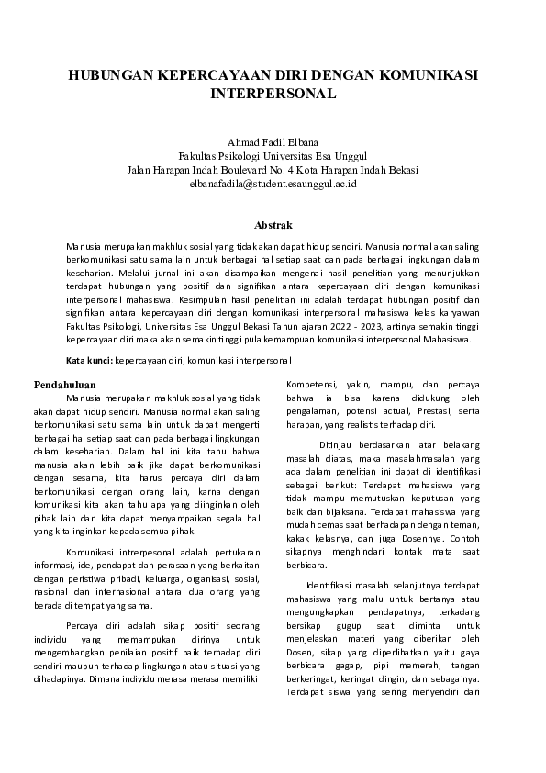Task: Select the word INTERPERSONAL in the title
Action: click(273, 94)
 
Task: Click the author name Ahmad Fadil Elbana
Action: click(273, 142)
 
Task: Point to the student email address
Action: click(273, 184)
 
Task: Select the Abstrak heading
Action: click(273, 225)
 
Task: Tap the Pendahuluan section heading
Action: click(65, 384)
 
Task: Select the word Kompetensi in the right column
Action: click(309, 384)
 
